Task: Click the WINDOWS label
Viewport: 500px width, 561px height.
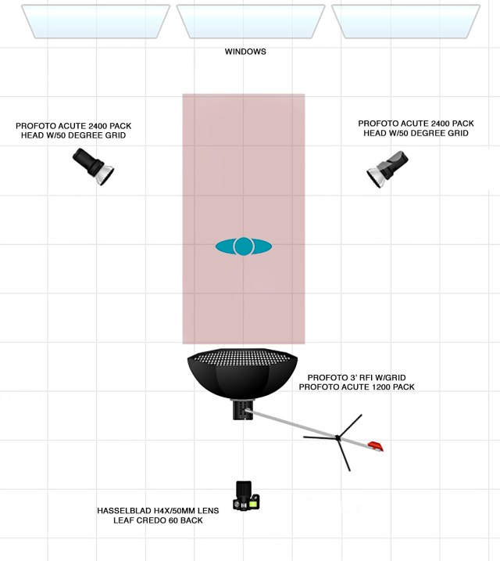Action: pyautogui.click(x=245, y=52)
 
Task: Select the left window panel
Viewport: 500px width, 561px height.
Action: pyautogui.click(x=96, y=21)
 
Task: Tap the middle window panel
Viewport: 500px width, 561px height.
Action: pyautogui.click(x=250, y=21)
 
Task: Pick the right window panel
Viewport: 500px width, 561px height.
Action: pyautogui.click(x=405, y=21)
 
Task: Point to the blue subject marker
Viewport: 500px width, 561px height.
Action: pyautogui.click(x=244, y=246)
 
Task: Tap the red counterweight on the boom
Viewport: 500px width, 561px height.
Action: pyautogui.click(x=377, y=446)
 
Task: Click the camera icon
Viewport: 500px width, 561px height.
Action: pyautogui.click(x=246, y=496)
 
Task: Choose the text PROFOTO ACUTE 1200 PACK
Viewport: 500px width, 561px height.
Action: pyautogui.click(x=356, y=387)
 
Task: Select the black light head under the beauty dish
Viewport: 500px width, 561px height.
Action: pyautogui.click(x=242, y=409)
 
